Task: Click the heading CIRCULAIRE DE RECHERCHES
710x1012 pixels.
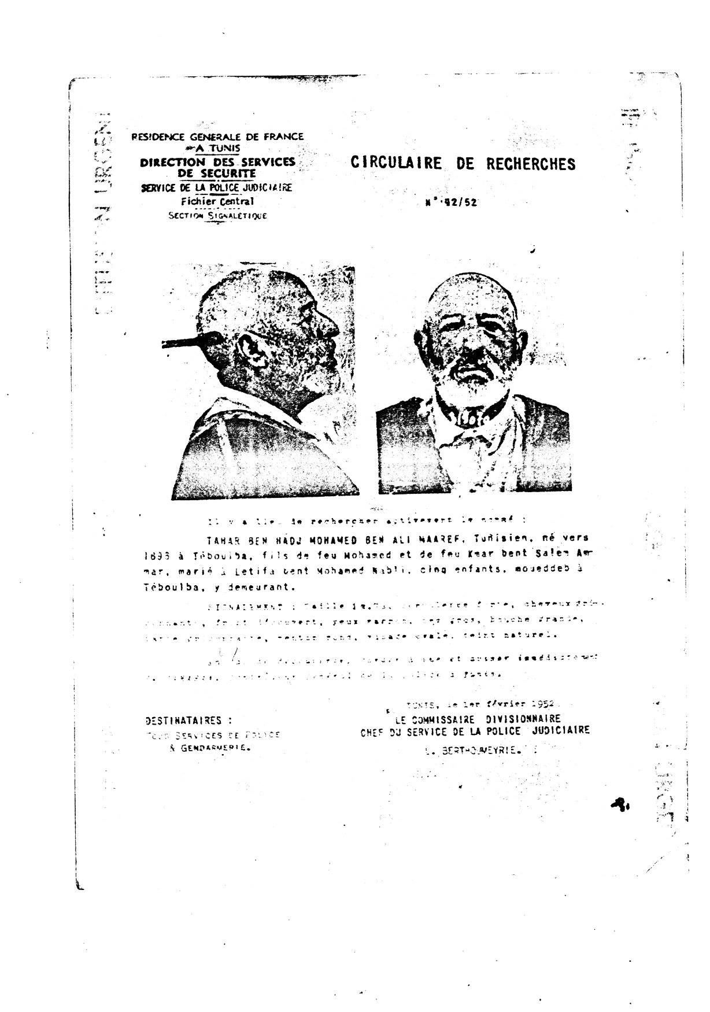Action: click(463, 164)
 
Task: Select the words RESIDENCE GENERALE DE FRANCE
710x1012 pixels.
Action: click(217, 137)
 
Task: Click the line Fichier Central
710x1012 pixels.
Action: click(217, 202)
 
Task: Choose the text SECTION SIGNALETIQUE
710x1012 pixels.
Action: click(217, 216)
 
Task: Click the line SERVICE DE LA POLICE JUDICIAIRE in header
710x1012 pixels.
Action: click(217, 187)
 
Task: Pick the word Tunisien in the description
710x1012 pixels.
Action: click(491, 538)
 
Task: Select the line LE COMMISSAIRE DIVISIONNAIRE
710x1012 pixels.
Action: click(478, 719)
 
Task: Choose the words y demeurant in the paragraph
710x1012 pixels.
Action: click(263, 586)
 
